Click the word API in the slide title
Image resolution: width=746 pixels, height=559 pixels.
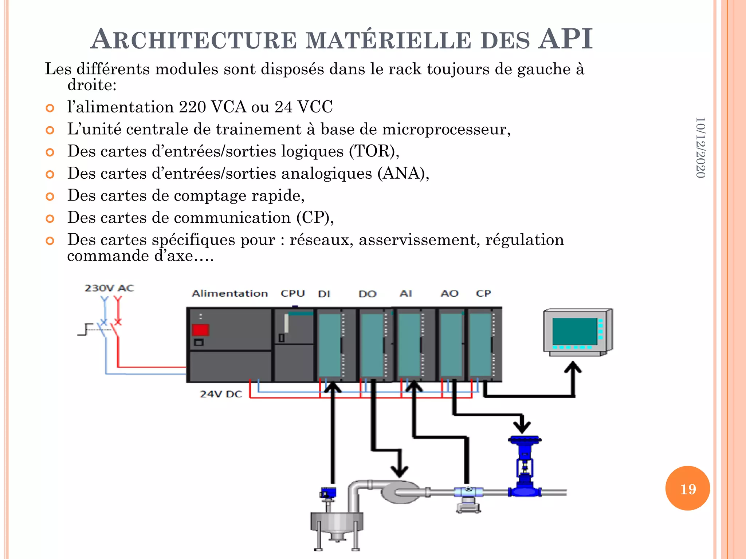coord(566,39)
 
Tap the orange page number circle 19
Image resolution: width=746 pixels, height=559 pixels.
coord(687,488)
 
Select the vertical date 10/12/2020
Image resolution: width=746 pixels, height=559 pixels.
coord(700,147)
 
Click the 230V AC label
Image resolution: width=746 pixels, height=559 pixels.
coord(109,288)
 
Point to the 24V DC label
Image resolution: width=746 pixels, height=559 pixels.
coord(221,394)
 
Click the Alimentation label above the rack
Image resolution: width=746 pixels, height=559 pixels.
coord(230,293)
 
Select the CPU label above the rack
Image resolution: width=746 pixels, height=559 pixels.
coord(293,293)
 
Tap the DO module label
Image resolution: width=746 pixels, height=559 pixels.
coord(368,294)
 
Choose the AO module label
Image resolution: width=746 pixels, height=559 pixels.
coord(449,293)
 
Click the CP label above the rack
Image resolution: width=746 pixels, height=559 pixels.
coord(483,293)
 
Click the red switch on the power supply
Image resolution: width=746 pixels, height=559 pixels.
coord(200,330)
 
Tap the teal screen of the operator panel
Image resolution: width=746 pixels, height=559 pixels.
coord(574,331)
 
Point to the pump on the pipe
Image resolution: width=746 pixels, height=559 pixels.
coord(401,492)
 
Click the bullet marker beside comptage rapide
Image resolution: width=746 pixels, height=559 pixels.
coord(50,197)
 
